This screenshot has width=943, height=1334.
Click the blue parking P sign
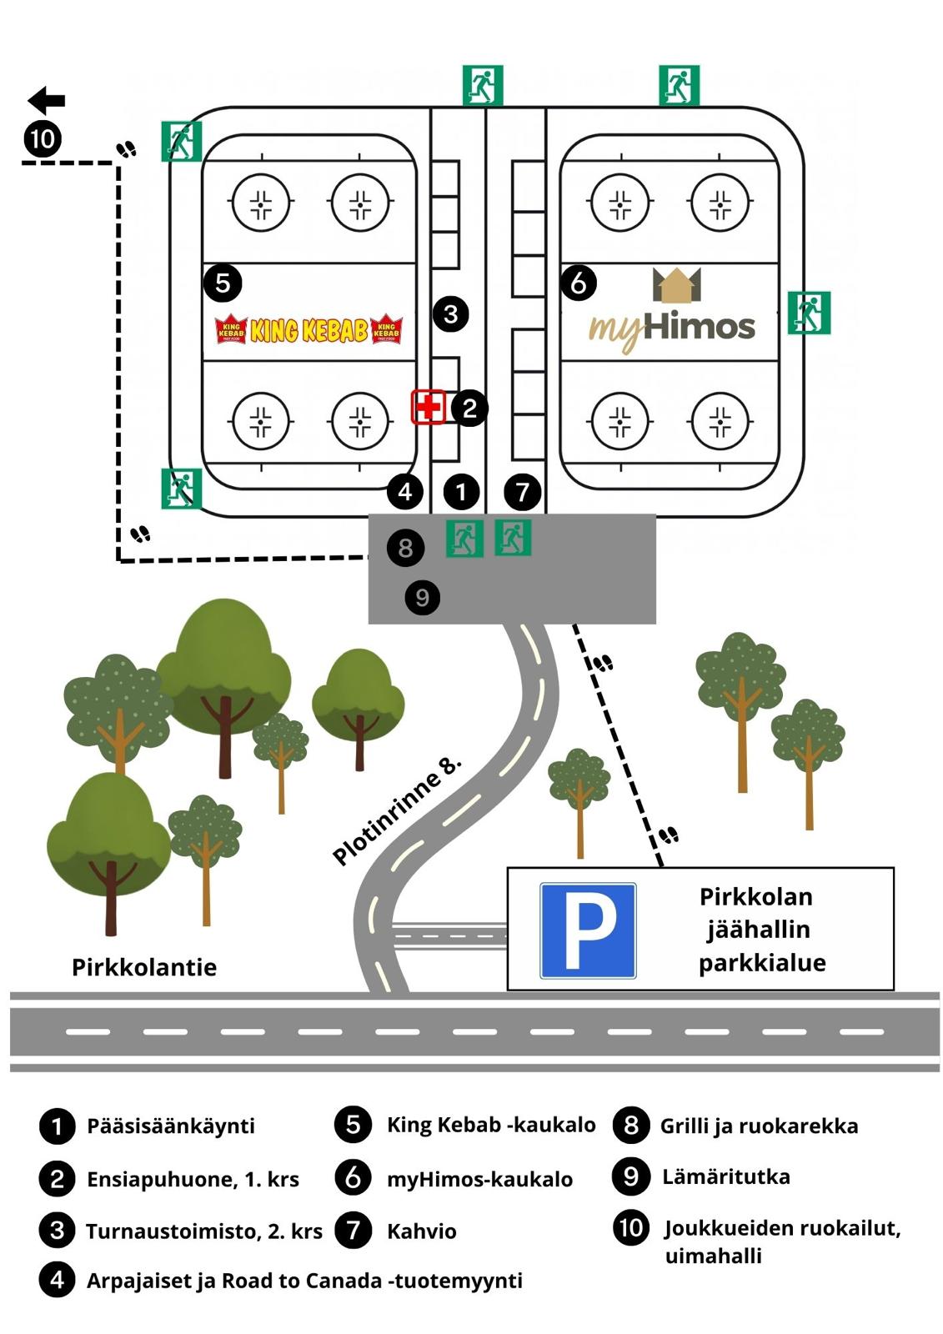point(588,930)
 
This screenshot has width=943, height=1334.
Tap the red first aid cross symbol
point(429,407)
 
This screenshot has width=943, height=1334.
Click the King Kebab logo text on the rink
point(309,330)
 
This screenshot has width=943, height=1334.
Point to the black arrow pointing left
point(47,101)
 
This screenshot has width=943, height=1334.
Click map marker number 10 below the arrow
point(43,138)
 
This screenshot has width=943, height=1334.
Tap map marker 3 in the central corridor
point(451,314)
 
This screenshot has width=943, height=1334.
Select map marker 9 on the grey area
point(423,597)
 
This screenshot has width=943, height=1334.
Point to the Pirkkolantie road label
point(144,967)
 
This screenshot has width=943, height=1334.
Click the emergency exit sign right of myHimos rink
point(809,313)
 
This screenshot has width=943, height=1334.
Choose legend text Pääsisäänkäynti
point(171,1126)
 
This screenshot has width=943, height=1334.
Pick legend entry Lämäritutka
point(726,1176)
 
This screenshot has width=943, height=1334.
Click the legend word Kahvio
point(422,1231)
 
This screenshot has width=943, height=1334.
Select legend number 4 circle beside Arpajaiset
point(57,1280)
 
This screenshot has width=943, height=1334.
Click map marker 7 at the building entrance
point(523,492)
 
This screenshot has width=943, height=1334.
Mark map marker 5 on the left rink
point(223,283)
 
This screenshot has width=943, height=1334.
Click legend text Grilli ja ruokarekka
point(759,1126)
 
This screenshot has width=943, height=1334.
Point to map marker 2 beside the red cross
point(469,408)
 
